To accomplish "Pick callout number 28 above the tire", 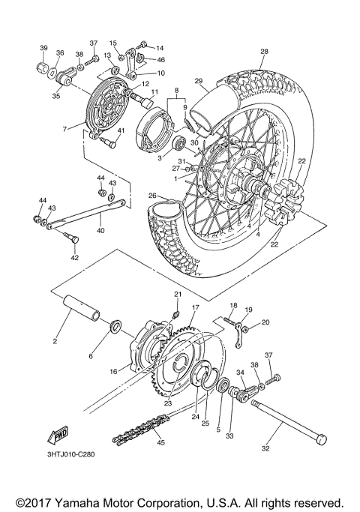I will click(263, 51).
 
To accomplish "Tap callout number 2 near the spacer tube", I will click(55, 342).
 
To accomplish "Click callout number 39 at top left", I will click(43, 47).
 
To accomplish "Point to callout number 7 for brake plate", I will click(64, 129).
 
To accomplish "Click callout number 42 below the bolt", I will click(73, 257).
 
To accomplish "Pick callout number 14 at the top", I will click(160, 47).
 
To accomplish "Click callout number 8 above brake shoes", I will click(176, 91).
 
